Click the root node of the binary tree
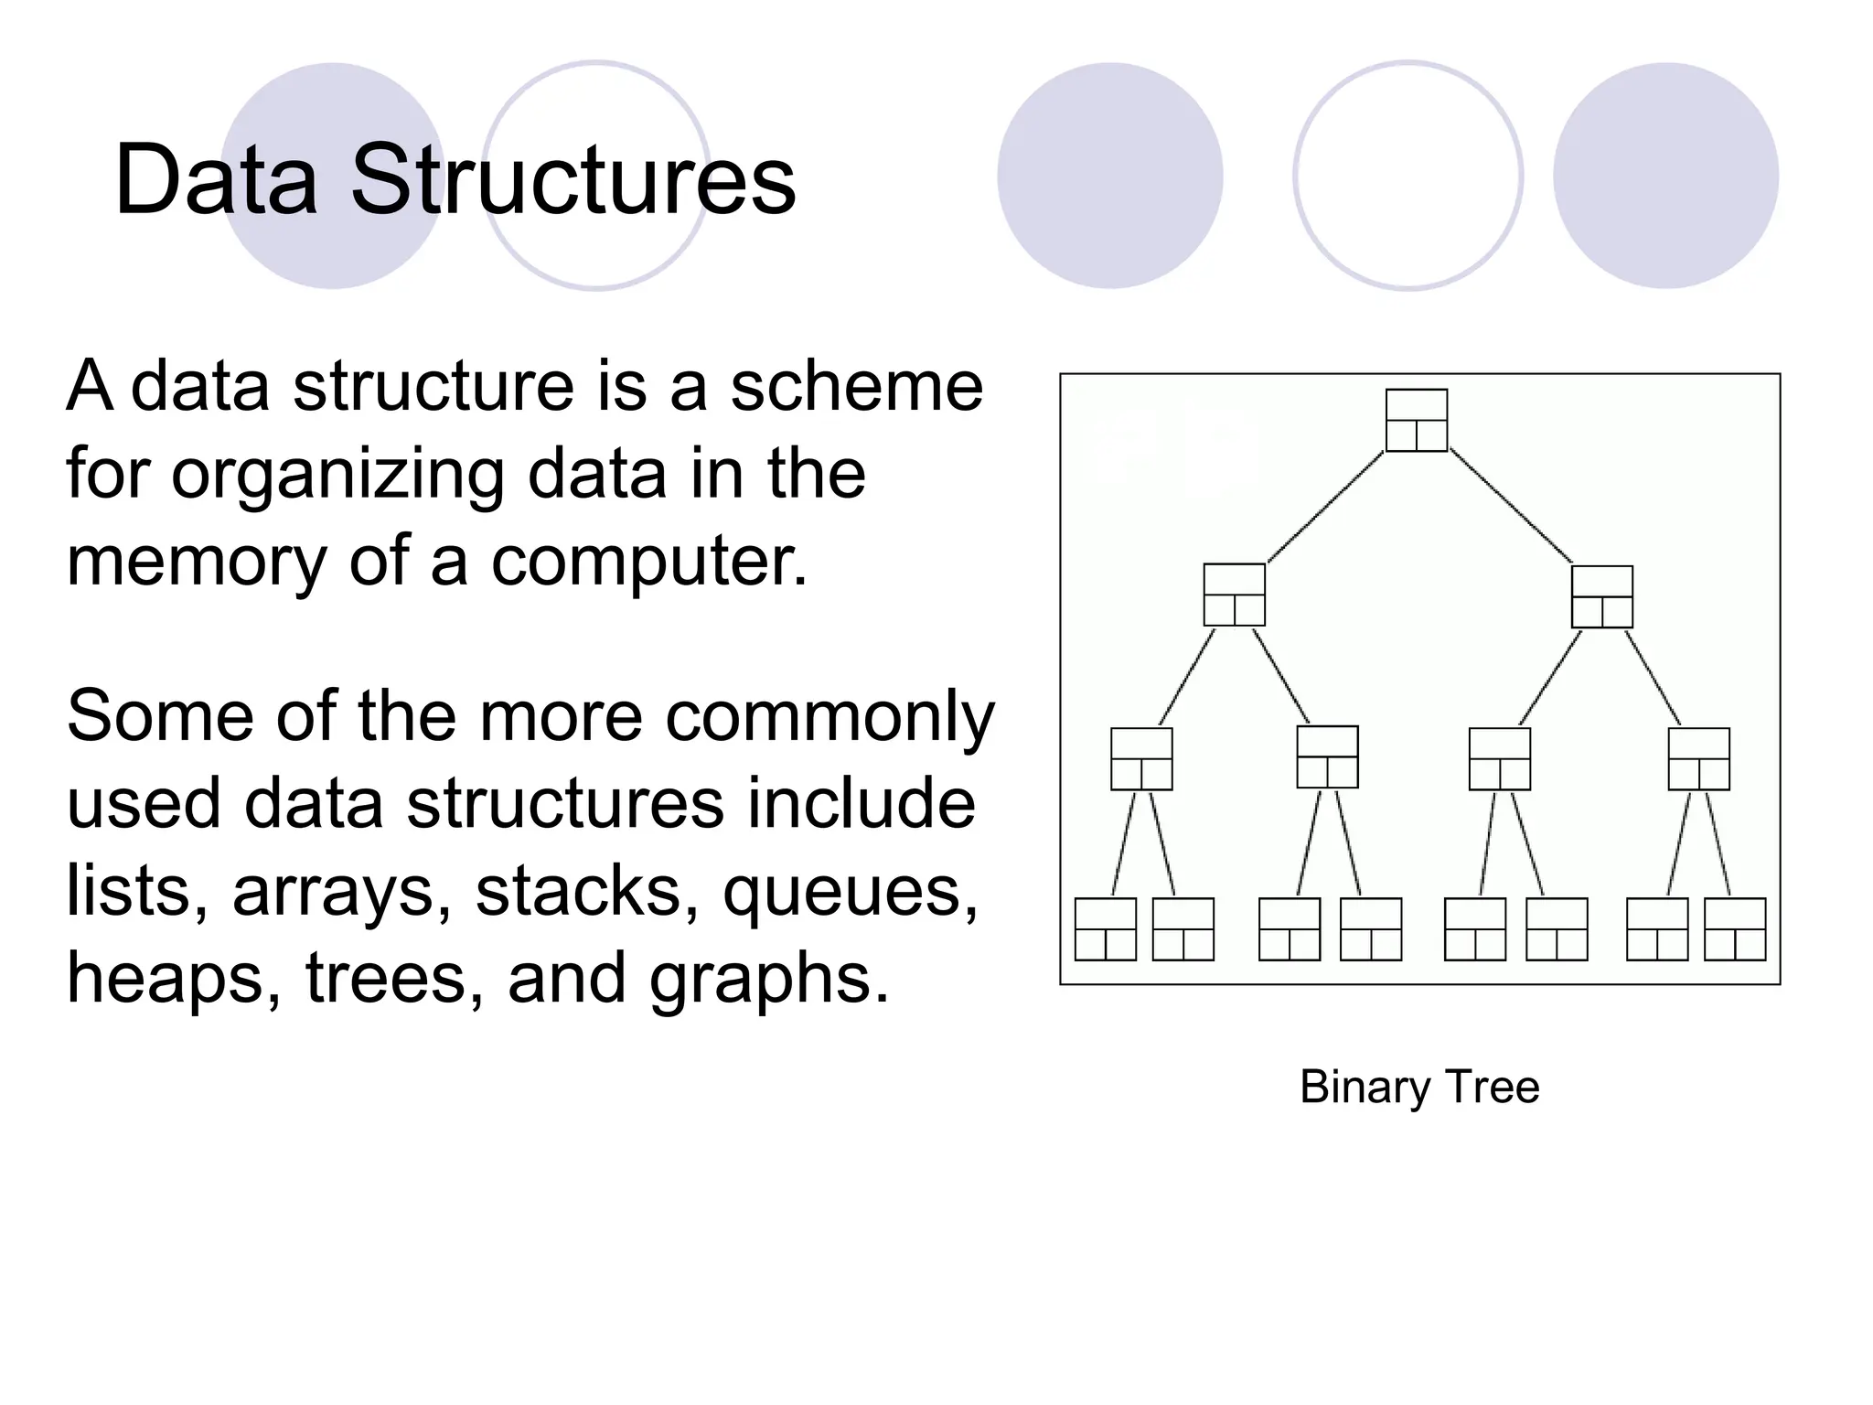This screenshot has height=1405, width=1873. tap(1417, 421)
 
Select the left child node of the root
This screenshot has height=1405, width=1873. tap(1235, 595)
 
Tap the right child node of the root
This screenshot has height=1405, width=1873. tap(1602, 597)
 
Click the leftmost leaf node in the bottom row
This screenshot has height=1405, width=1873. tap(1105, 929)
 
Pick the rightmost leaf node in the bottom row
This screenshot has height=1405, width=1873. tap(1735, 929)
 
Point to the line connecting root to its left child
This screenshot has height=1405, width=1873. tap(1325, 508)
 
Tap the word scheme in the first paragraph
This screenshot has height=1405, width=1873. tap(856, 386)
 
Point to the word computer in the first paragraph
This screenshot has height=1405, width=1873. tap(649, 561)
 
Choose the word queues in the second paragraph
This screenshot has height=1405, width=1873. tap(851, 892)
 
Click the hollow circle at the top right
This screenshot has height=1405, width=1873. tap(1408, 176)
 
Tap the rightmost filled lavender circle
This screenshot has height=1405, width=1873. tap(1665, 176)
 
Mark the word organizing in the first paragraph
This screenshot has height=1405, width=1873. tap(337, 476)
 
